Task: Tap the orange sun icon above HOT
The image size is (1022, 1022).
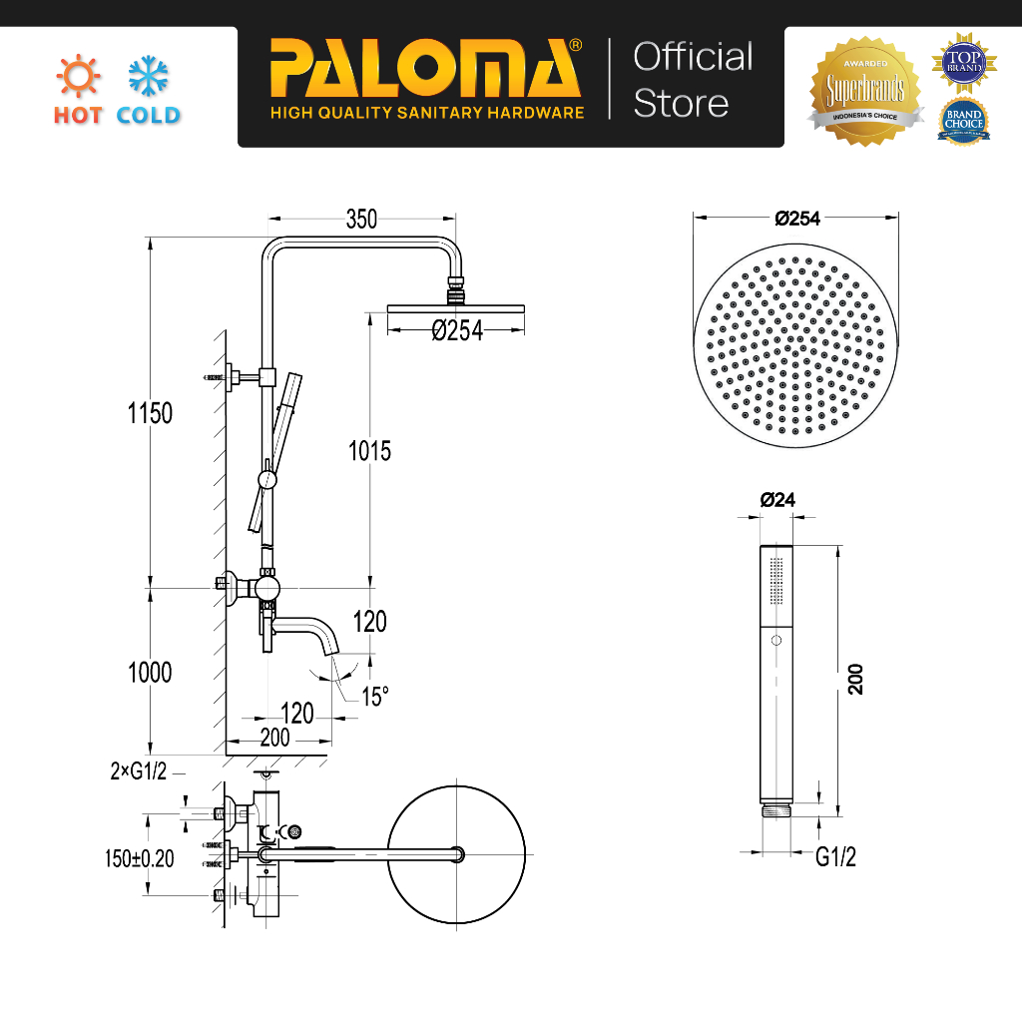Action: tap(77, 76)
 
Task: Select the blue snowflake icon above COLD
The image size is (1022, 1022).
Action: tap(149, 76)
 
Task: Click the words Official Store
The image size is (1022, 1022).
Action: tap(693, 80)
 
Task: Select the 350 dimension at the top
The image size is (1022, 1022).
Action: tap(361, 220)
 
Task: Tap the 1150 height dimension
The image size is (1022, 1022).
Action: tap(150, 412)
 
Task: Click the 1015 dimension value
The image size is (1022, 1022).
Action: tap(369, 451)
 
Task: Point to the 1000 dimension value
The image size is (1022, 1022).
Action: tap(150, 673)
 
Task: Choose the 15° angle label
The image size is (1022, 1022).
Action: tap(373, 697)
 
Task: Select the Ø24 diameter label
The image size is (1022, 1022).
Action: tap(777, 500)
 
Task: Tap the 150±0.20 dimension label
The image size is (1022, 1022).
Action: tap(140, 858)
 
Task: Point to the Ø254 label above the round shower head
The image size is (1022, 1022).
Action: tap(796, 219)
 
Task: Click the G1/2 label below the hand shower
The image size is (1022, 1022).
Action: tap(836, 856)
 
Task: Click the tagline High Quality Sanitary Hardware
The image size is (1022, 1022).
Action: tap(427, 113)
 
